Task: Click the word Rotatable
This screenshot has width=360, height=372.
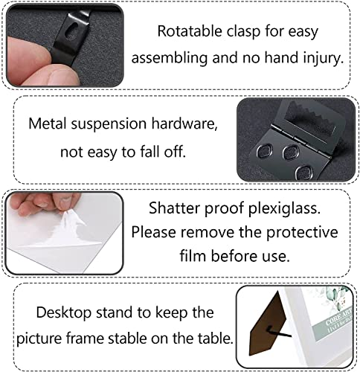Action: [190, 31]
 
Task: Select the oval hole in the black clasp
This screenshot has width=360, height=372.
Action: [71, 31]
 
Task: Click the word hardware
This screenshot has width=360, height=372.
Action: [184, 124]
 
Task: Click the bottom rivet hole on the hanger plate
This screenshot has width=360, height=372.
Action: [303, 172]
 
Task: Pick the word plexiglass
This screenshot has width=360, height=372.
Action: [284, 208]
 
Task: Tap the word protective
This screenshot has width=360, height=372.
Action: [302, 233]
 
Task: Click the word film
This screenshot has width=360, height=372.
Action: [193, 255]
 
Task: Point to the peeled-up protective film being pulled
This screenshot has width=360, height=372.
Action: [68, 228]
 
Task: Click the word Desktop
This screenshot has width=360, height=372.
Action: [64, 312]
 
